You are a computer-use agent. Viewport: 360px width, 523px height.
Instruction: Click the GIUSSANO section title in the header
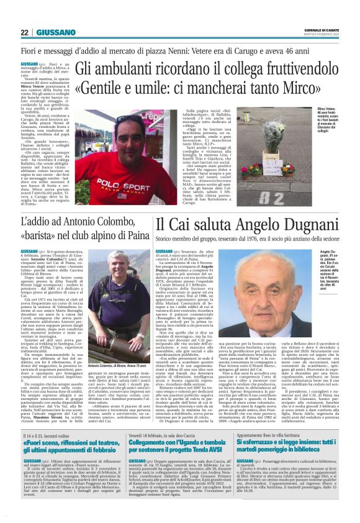point(56,32)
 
